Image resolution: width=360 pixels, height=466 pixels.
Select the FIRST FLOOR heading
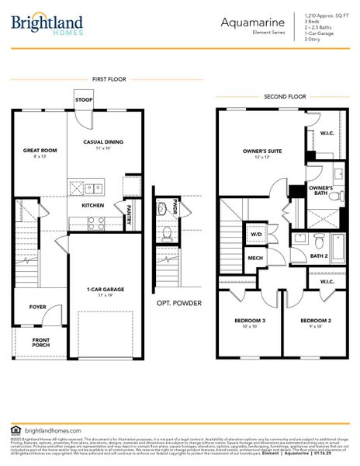click(109, 79)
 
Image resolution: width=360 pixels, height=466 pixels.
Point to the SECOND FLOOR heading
click(283, 97)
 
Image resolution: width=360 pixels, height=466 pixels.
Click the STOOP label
click(83, 100)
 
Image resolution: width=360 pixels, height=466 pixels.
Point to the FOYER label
click(38, 307)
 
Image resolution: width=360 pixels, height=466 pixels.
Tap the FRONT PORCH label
click(40, 343)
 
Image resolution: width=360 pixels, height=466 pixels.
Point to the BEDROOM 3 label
click(249, 320)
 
